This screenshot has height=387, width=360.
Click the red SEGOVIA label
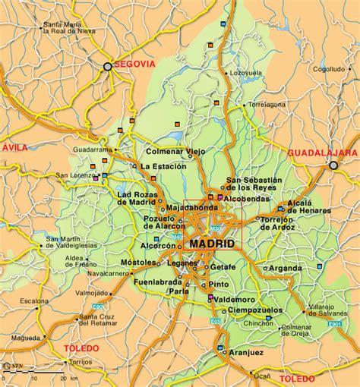pyautogui.click(x=134, y=65)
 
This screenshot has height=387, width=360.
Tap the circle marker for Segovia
pyautogui.click(x=108, y=67)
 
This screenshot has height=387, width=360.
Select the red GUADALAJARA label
pyautogui.click(x=321, y=153)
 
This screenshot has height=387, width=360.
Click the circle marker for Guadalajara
pyautogui.click(x=333, y=165)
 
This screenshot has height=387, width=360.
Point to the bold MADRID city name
pyautogui.click(x=213, y=244)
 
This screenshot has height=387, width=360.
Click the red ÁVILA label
pyautogui.click(x=14, y=146)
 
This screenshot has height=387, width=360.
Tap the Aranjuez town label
pyautogui.click(x=247, y=353)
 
